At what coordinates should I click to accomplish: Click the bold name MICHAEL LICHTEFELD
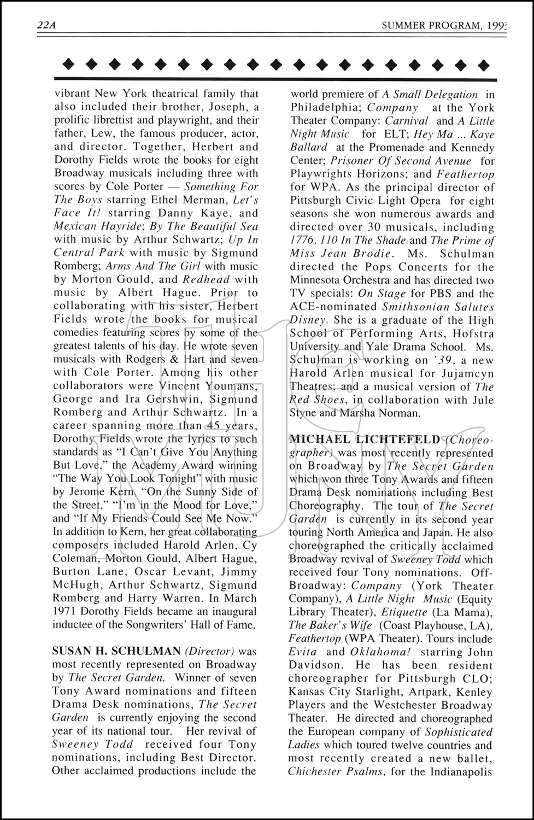pyautogui.click(x=365, y=440)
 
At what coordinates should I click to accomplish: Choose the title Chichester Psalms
pyautogui.click(x=338, y=771)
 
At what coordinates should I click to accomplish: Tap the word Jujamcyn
pyautogui.click(x=468, y=373)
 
